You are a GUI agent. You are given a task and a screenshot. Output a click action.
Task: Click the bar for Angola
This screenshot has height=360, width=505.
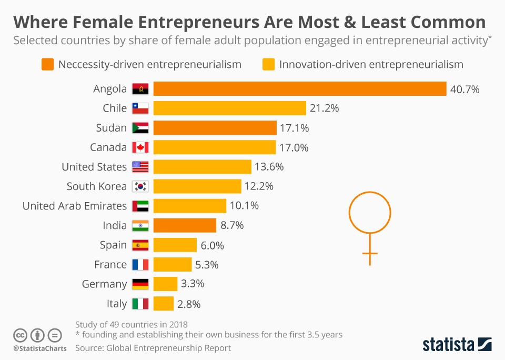coord(300,89)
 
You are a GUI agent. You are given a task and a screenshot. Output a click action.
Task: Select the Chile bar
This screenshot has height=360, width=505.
coord(230,108)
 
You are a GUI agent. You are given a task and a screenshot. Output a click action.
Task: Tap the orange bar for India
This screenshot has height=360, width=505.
coord(185,225)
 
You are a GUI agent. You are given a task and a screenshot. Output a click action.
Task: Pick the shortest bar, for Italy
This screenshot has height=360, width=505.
coord(164,304)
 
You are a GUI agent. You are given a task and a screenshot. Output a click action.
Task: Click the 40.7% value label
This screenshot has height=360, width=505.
coord(464,89)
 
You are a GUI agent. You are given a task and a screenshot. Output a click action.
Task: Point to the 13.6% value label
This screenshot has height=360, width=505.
coord(269,167)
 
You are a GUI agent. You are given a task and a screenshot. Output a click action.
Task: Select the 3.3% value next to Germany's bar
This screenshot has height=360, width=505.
coord(193,284)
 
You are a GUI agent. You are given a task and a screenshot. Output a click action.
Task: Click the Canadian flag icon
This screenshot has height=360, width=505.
coord(140,147)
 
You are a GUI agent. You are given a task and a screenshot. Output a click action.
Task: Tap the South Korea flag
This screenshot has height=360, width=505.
coord(140,186)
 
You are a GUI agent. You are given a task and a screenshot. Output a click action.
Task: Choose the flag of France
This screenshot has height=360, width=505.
coord(140,265)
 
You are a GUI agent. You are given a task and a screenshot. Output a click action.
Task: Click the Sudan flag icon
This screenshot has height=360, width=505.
coord(140,128)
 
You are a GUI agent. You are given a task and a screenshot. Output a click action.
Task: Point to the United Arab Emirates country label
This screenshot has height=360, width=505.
coord(75,206)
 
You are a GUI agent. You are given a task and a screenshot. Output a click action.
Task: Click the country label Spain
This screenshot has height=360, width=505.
coord(113,245)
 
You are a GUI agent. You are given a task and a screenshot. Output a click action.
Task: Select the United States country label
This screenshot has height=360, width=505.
coord(94,167)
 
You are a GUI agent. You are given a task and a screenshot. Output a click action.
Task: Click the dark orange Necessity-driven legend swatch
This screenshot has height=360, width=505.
coord(47,65)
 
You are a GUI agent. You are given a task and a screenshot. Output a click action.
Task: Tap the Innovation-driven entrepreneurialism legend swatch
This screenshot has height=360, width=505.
coord(268,65)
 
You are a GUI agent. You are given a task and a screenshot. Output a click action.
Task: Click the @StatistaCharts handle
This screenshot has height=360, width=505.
coord(39,348)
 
